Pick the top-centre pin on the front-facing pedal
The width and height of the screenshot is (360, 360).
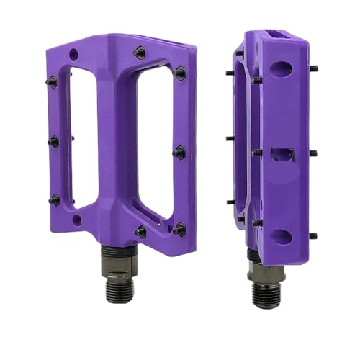[139, 52]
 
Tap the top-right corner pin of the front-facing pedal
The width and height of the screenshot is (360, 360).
[179, 72]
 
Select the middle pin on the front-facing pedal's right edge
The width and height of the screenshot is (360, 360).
[180, 152]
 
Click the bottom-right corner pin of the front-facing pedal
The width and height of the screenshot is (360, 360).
[179, 230]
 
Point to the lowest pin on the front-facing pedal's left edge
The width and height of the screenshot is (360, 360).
[54, 199]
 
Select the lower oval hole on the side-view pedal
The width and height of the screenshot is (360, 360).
[282, 235]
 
